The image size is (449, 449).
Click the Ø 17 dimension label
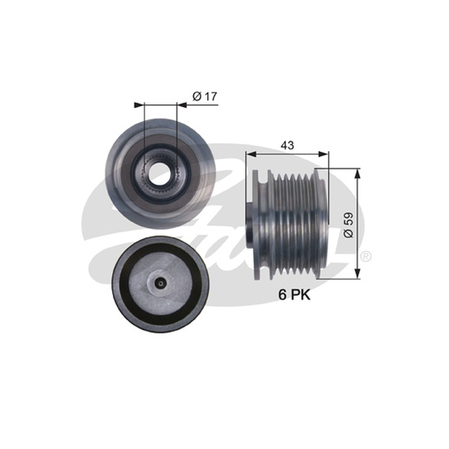(205, 96)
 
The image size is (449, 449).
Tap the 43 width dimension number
(287, 145)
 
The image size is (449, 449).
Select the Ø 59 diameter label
(349, 225)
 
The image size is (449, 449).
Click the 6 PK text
(295, 295)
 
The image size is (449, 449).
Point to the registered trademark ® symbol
(366, 256)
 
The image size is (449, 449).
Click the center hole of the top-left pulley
(159, 172)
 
